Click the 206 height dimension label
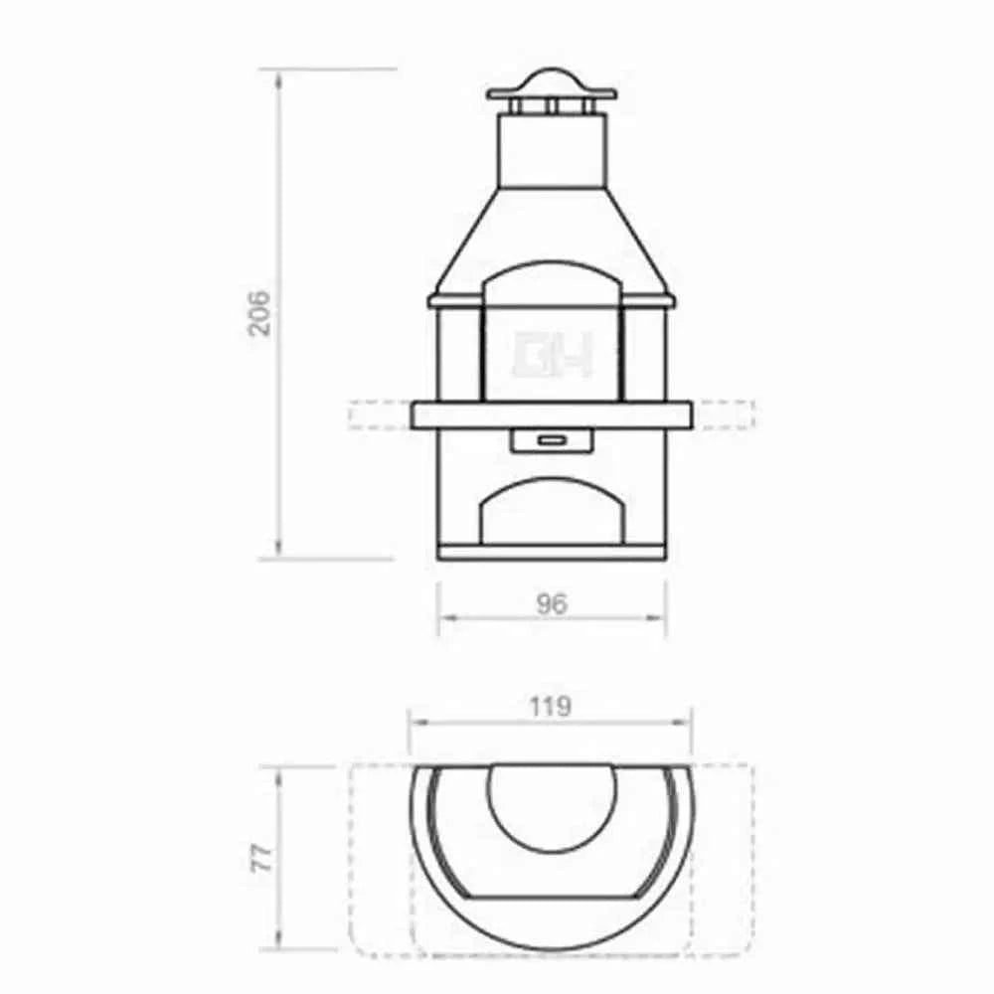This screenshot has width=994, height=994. tap(259, 313)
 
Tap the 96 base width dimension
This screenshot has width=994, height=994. tap(551, 603)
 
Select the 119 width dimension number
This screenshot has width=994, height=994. tap(551, 706)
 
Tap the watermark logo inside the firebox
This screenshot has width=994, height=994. tap(551, 355)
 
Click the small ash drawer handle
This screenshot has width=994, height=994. tap(551, 437)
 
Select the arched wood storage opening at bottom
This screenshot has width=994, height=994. tap(551, 512)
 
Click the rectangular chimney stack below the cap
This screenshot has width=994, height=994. tap(551, 149)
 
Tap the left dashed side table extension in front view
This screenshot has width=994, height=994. tap(380, 414)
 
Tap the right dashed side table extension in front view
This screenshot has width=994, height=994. tap(723, 414)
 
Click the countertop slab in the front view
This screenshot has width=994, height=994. tap(551, 414)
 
